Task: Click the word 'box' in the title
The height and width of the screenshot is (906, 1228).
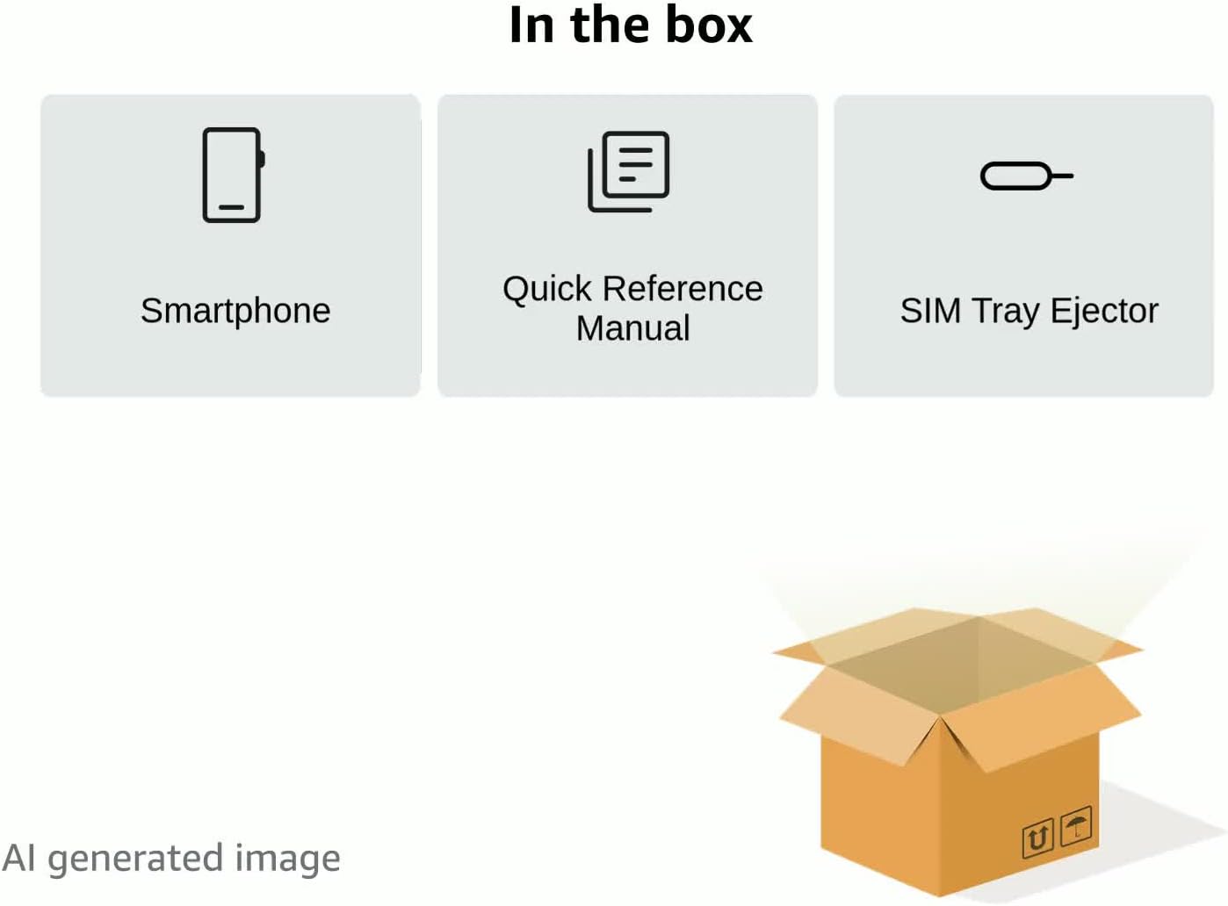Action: pos(708,25)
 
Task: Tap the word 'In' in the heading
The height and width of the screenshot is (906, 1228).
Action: pos(531,25)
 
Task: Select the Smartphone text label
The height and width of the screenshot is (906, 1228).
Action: pos(235,311)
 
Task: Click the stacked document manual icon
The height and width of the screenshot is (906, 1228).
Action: pos(628,171)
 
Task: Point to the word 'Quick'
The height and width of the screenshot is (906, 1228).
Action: pos(547,290)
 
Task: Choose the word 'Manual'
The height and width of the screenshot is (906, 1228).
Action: pos(632,328)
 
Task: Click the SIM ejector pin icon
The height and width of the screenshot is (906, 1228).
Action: pos(1025,176)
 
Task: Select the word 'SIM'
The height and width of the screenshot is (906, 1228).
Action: pos(930,311)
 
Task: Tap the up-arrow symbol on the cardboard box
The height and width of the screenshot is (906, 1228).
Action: pos(1037,838)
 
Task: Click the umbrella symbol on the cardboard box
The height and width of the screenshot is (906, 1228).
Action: pos(1076,826)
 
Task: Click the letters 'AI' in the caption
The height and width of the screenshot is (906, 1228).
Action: pos(19,858)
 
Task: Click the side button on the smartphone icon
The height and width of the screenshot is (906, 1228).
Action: pos(262,159)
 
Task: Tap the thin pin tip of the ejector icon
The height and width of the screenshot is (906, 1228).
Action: pos(1063,176)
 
